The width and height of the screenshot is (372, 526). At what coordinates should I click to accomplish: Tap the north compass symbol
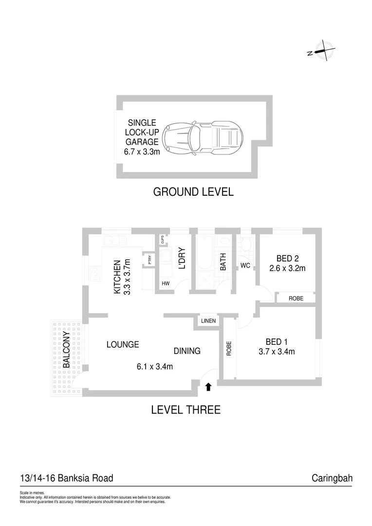323,51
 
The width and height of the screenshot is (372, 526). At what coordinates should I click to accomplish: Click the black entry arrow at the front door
208,387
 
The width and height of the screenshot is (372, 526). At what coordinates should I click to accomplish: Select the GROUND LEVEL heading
193,192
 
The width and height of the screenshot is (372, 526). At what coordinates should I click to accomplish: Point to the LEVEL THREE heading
186,410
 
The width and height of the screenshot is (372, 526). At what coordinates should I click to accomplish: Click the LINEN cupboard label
208,321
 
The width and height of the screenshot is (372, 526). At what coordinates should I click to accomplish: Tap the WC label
244,266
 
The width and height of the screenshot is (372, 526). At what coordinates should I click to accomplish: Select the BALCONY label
66,350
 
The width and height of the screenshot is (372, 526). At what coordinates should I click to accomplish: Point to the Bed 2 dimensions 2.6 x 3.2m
287,268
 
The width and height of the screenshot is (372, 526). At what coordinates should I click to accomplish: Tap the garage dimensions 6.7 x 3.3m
142,152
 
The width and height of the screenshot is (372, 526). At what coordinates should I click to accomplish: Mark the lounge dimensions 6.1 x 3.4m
155,367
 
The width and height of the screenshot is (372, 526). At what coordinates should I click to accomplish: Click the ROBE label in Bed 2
296,298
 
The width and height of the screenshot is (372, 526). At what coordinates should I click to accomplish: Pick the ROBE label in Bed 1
228,349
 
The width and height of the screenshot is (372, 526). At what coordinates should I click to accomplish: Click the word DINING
187,351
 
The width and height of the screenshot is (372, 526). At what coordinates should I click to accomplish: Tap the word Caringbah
332,478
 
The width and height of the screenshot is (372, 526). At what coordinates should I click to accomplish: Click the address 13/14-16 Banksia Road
67,478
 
